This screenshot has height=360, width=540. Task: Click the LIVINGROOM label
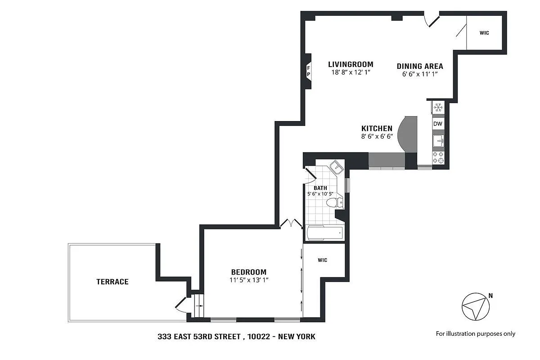351,64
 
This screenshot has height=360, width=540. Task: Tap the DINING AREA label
420,66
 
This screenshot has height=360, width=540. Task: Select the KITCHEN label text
377,128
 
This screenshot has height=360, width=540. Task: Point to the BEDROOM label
249,272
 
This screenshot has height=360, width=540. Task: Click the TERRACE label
112,282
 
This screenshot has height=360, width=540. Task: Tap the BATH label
320,188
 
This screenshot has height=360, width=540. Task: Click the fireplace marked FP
309,72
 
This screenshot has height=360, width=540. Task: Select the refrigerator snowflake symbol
438,107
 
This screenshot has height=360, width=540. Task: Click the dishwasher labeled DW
438,124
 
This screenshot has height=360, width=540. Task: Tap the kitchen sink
438,141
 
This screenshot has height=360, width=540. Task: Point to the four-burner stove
438,157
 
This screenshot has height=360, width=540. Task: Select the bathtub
325,233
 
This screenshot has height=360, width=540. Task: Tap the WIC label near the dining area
484,33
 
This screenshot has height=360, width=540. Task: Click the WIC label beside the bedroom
323,260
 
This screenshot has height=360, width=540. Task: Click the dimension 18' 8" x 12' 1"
351,72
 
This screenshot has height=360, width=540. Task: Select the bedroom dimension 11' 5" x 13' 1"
249,280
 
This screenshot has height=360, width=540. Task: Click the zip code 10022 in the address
259,336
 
